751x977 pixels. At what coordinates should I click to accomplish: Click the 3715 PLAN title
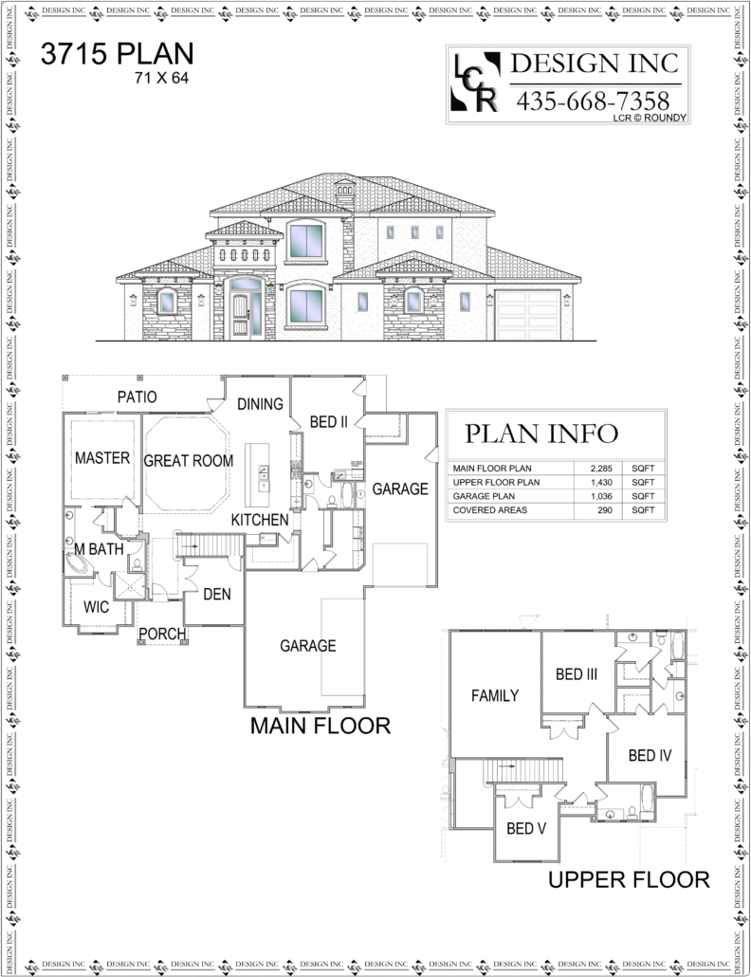pyautogui.click(x=117, y=54)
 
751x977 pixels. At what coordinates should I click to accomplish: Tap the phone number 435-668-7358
pyautogui.click(x=593, y=101)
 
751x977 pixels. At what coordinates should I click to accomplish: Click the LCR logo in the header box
pyautogui.click(x=476, y=83)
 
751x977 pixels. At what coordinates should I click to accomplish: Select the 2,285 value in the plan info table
pyautogui.click(x=601, y=468)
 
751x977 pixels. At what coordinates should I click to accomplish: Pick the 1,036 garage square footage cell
pyautogui.click(x=601, y=496)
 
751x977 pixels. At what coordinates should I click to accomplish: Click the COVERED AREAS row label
pyautogui.click(x=490, y=509)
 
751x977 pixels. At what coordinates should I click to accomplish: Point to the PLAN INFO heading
pyautogui.click(x=541, y=433)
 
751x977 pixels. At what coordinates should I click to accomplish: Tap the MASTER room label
pyautogui.click(x=102, y=458)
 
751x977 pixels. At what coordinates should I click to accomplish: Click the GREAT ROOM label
pyautogui.click(x=188, y=460)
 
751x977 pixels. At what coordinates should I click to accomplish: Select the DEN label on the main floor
pyautogui.click(x=217, y=594)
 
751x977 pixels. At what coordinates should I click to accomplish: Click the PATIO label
pyautogui.click(x=137, y=396)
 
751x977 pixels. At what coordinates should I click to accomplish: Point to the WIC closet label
pyautogui.click(x=96, y=607)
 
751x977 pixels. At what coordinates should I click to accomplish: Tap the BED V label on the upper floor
pyautogui.click(x=526, y=828)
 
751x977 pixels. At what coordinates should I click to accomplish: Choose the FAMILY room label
pyautogui.click(x=495, y=695)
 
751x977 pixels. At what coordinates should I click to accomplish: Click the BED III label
pyautogui.click(x=577, y=674)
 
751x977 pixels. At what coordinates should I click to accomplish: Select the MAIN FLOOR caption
pyautogui.click(x=321, y=726)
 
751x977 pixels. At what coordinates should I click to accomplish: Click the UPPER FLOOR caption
pyautogui.click(x=629, y=880)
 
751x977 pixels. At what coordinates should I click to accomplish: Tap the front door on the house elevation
pyautogui.click(x=240, y=316)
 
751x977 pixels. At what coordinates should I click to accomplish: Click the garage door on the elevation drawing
pyautogui.click(x=528, y=315)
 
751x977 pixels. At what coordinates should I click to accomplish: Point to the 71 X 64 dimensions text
pyautogui.click(x=161, y=78)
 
